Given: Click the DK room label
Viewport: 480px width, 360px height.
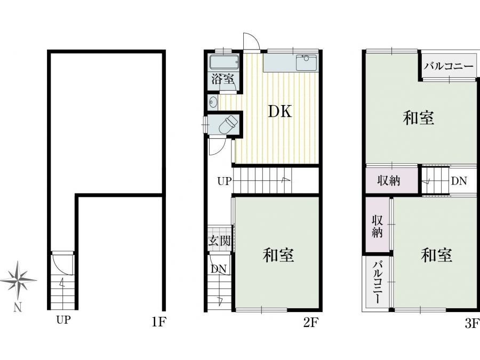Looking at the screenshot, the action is tap(280, 111).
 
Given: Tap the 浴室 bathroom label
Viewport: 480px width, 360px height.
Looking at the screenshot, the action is tap(223, 79).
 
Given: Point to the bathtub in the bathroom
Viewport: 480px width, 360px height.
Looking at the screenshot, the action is tap(225, 62).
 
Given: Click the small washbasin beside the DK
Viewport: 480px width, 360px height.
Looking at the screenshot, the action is tap(212, 102).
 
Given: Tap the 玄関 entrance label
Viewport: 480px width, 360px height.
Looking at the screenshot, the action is tap(219, 241).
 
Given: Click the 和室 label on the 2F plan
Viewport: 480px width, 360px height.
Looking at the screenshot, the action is tap(278, 255).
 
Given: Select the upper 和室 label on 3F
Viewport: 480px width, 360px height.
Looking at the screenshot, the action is tap(419, 118).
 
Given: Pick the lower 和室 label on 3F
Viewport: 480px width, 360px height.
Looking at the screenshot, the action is tap(436, 255).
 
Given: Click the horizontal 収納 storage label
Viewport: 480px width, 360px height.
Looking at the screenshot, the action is tap(389, 181).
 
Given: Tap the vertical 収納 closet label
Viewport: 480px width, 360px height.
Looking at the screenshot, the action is tap(377, 226).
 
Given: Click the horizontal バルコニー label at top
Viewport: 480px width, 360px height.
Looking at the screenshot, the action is tap(449, 66).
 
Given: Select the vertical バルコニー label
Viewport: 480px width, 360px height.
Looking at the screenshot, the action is tap(378, 282).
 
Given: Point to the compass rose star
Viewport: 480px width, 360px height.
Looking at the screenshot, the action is tap(19, 279).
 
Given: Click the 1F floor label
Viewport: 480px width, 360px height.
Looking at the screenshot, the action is tap(159, 322).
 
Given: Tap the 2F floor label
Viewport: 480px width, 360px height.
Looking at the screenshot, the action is tap(311, 322).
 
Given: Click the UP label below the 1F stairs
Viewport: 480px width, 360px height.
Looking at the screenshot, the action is tap(63, 320).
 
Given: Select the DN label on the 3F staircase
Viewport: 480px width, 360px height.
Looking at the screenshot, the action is tap(459, 181).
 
